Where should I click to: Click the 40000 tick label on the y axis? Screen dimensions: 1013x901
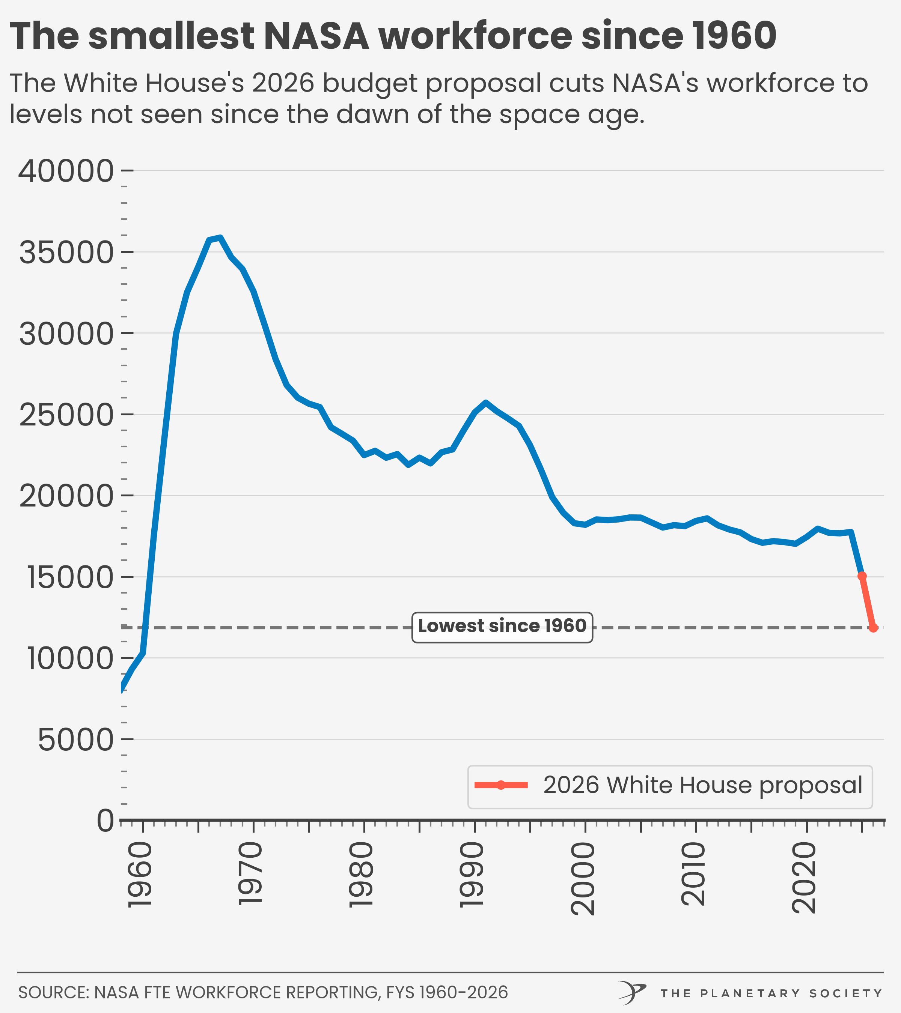(x=66, y=171)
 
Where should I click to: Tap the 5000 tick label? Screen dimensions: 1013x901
(x=76, y=740)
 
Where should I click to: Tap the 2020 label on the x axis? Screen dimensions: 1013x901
(x=804, y=878)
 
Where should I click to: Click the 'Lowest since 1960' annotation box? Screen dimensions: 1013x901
(x=502, y=627)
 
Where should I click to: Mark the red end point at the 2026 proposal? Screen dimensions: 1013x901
(x=873, y=628)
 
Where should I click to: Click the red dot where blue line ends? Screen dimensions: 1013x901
(x=862, y=576)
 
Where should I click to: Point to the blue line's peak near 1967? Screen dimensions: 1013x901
(x=220, y=237)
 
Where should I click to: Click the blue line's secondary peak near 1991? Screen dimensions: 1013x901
(x=485, y=403)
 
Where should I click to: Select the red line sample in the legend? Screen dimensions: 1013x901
(x=501, y=785)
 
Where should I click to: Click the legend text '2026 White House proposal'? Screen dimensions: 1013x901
(x=703, y=785)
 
